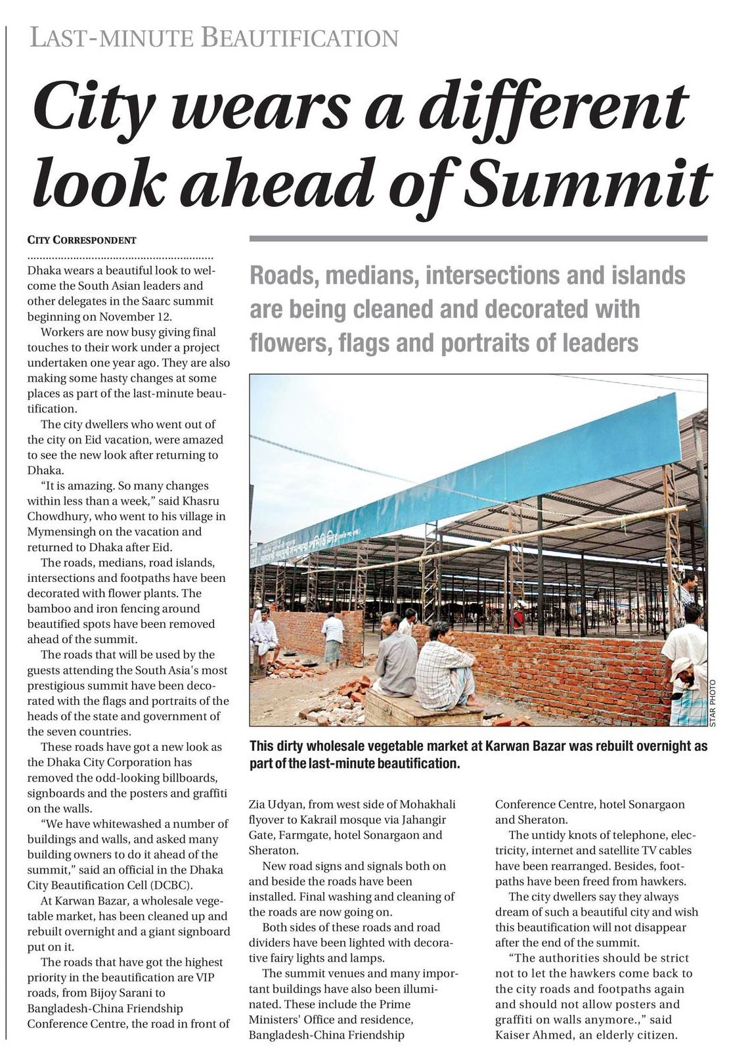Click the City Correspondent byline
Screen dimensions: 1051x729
(81, 240)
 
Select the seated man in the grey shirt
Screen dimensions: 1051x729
(395, 657)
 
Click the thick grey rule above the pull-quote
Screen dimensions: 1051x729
(478, 238)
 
